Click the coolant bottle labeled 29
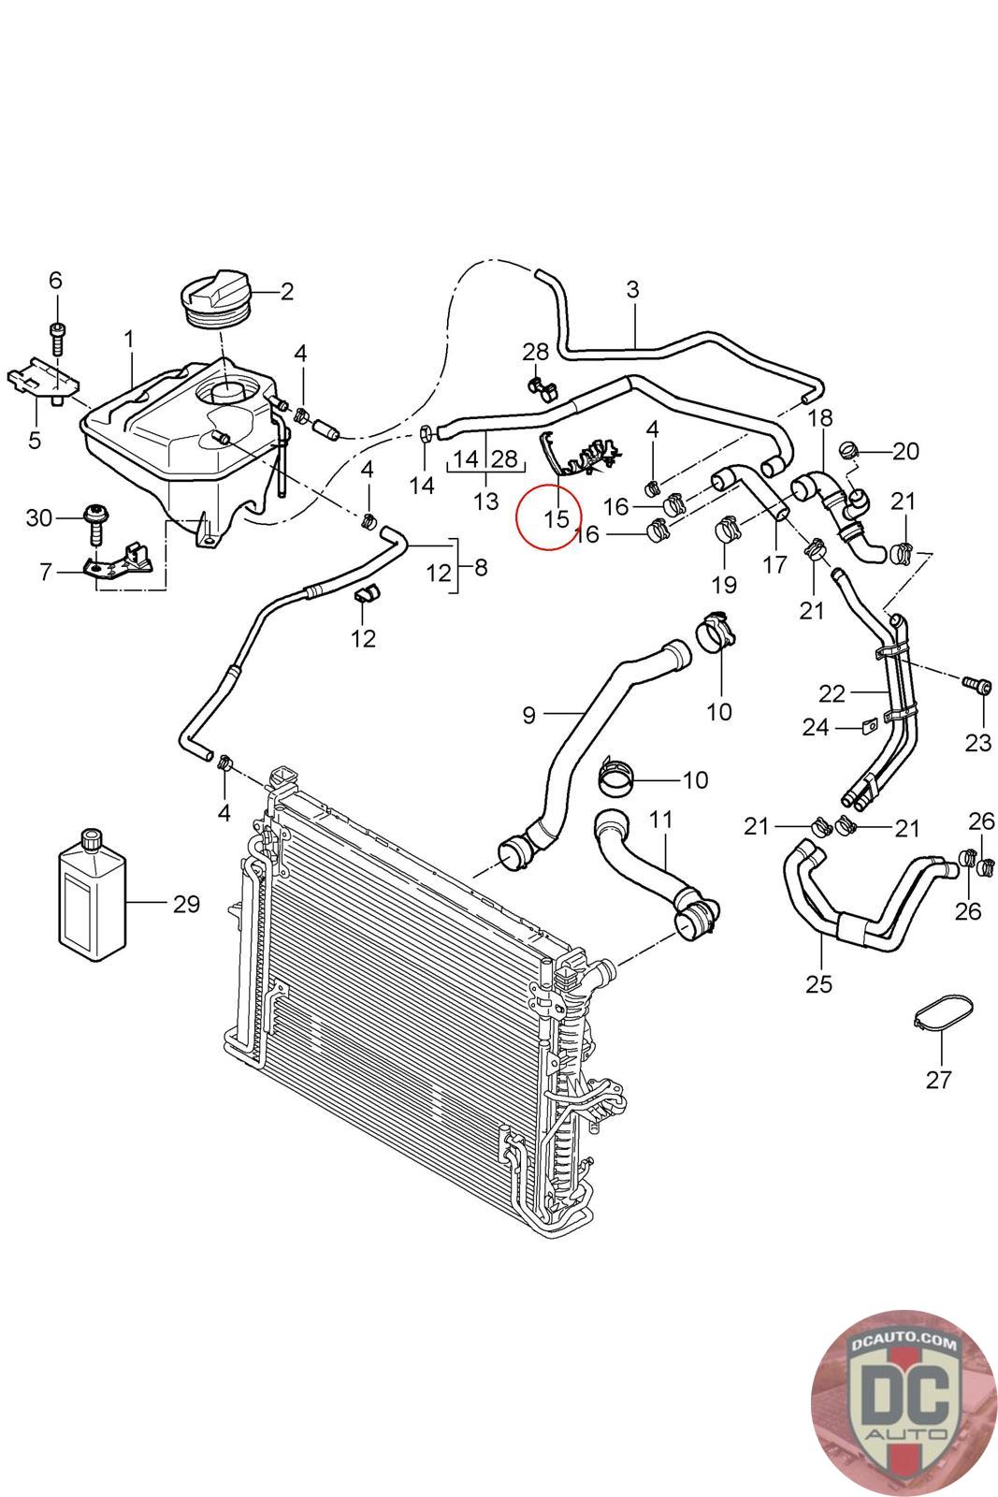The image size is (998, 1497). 92,899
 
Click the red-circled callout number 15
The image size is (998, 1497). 556,516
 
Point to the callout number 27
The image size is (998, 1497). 938,1080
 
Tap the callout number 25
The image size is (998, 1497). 818,983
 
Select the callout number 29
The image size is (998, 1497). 186,904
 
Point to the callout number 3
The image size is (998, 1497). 632,289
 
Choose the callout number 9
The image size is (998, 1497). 528,716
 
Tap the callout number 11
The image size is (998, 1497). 660,820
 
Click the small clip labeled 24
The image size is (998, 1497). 868,724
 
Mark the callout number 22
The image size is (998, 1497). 832,693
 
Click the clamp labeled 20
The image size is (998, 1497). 848,450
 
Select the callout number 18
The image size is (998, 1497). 819,416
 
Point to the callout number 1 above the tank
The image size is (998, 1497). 128,338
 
